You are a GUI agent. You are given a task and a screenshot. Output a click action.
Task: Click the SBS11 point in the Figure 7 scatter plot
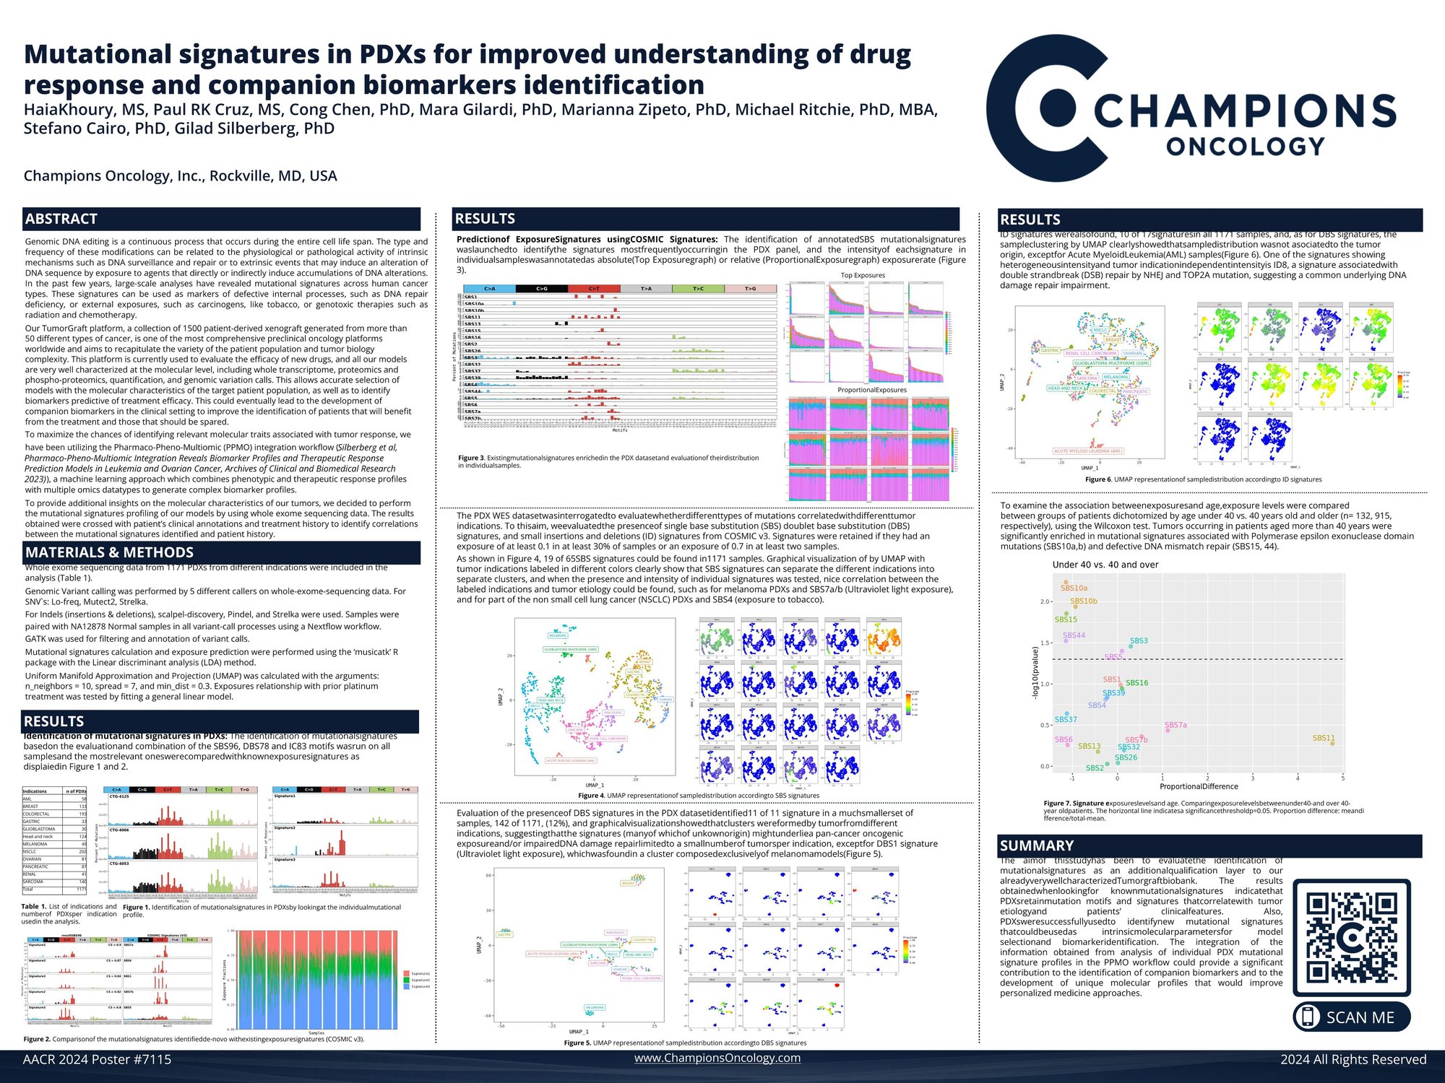1332,743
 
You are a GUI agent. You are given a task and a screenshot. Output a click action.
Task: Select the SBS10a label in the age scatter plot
1074,588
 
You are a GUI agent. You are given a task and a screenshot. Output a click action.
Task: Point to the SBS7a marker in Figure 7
1168,731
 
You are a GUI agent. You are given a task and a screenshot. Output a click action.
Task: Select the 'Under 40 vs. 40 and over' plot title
1105,565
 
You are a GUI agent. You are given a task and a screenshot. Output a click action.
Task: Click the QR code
1351,937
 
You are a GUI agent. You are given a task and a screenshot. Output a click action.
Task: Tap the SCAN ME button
1351,1017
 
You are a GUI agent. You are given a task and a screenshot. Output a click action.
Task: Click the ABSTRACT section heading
61,219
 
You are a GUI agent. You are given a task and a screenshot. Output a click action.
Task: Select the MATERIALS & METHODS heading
109,552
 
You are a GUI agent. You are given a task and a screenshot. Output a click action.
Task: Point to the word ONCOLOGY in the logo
1245,147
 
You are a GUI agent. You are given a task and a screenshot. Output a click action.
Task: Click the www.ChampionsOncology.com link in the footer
717,1058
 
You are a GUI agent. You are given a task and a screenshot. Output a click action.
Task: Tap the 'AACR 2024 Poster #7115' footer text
97,1059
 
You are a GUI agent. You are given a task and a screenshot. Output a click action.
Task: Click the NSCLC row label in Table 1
30,852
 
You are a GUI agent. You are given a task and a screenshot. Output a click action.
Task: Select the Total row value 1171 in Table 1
82,890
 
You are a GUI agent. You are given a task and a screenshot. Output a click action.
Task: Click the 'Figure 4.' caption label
591,796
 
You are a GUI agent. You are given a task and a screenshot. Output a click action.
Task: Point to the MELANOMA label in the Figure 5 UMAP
595,1007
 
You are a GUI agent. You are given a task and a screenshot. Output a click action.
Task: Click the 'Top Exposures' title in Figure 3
863,275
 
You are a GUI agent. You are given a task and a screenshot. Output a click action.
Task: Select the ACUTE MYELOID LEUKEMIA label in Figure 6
1088,451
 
